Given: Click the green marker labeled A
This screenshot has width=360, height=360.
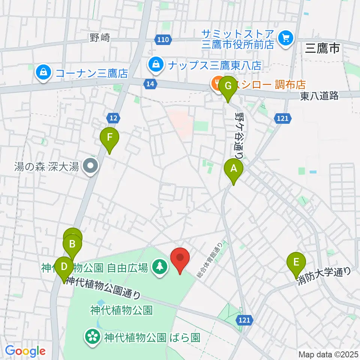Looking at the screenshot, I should click(x=233, y=169).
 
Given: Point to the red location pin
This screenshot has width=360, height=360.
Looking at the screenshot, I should click(x=180, y=258).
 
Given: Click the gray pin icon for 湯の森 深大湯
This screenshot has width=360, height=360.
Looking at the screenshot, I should click(x=90, y=166).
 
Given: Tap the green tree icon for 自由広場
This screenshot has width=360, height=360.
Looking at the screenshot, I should click(x=160, y=267).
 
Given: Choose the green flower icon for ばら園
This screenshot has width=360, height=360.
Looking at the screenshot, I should click(x=92, y=335).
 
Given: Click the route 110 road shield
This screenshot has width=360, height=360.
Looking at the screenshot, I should click(x=164, y=39).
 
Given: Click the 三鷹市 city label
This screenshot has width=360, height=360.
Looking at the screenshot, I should click(x=322, y=48).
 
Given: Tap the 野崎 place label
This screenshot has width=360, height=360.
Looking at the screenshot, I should click(x=100, y=37).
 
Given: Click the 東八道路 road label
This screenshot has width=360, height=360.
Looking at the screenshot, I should click(x=319, y=96).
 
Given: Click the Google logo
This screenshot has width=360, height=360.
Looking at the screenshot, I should click(x=25, y=351).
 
